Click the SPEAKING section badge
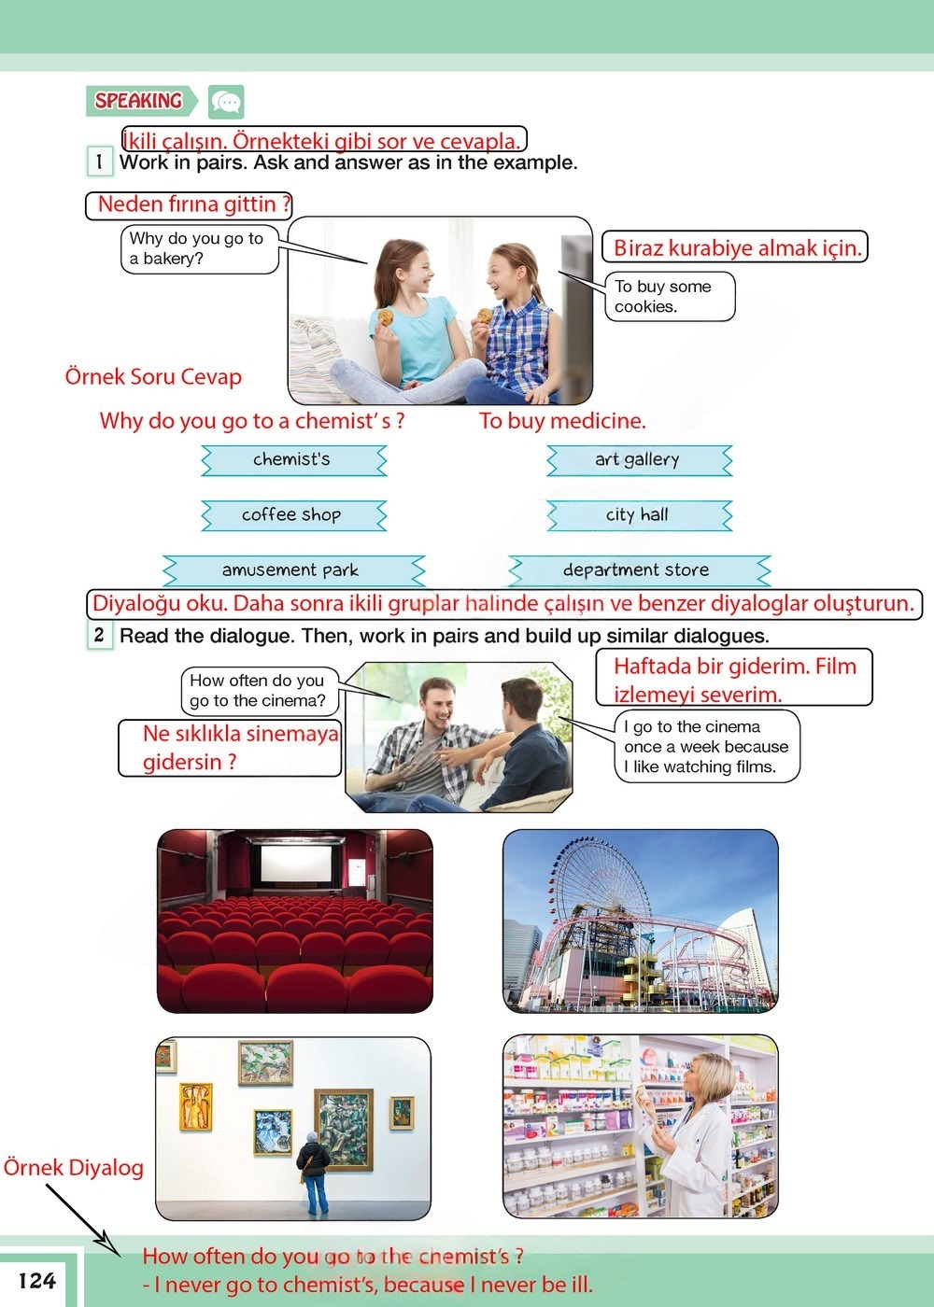tap(140, 101)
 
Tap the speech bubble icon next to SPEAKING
tap(226, 101)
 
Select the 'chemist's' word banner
tap(292, 459)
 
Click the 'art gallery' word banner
tap(638, 459)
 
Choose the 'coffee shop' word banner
tap(292, 514)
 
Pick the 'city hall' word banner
tap(638, 514)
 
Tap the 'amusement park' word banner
tap(291, 569)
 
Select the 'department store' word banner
tap(638, 569)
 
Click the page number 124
tap(37, 1281)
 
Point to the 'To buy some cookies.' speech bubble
tap(669, 297)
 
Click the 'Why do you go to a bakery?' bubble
tap(199, 248)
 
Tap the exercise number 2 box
tap(99, 636)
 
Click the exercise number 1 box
tap(99, 162)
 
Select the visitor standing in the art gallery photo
tap(313, 1172)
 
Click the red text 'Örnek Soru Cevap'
tap(153, 377)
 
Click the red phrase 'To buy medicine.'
tap(562, 421)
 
